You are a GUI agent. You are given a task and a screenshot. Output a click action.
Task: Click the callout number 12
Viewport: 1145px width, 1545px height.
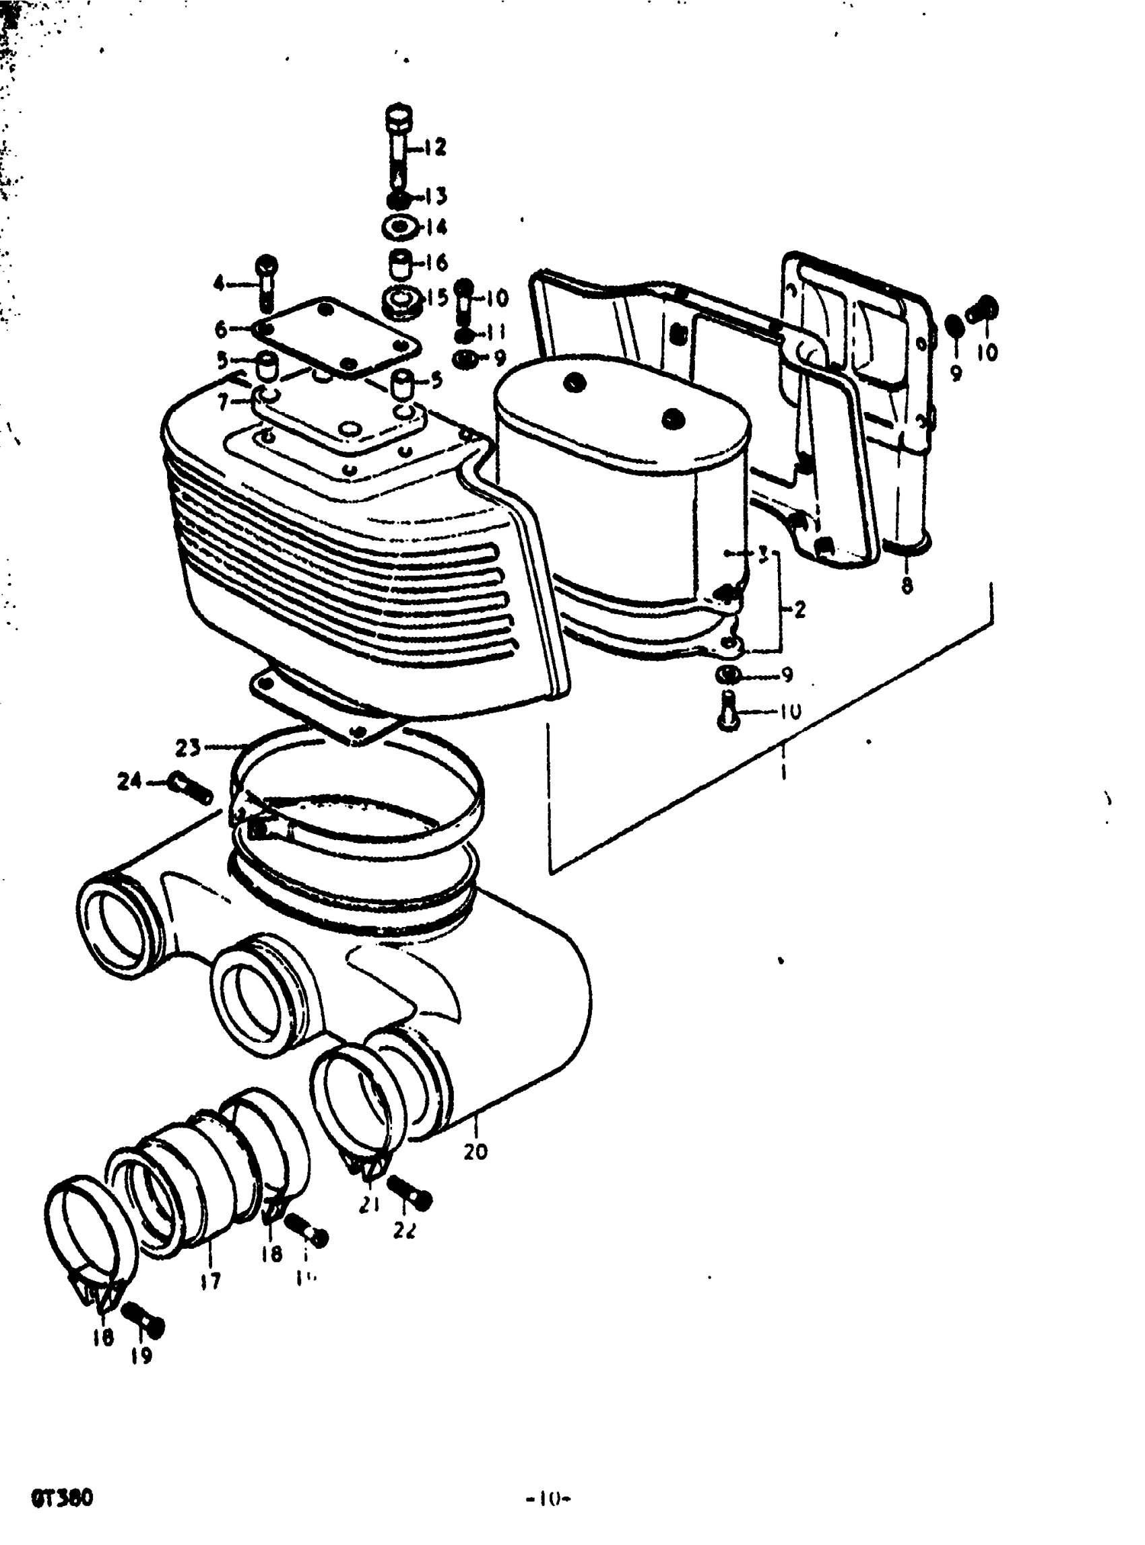click(435, 147)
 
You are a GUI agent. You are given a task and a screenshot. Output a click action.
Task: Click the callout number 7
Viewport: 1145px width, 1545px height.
click(223, 401)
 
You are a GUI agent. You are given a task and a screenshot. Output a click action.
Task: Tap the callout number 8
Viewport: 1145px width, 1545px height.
click(907, 586)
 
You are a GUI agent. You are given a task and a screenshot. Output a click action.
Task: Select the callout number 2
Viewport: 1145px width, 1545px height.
click(800, 610)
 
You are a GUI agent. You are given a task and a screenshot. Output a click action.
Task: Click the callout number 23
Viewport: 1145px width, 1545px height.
click(187, 747)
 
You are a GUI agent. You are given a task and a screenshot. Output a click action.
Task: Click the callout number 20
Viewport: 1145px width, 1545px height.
click(476, 1151)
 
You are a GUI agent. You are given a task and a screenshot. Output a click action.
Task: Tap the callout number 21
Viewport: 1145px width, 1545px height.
click(369, 1206)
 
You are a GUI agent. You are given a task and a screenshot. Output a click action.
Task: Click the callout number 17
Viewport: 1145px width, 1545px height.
click(211, 1281)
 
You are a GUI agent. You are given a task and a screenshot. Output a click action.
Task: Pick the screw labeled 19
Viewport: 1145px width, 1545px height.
click(143, 1323)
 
